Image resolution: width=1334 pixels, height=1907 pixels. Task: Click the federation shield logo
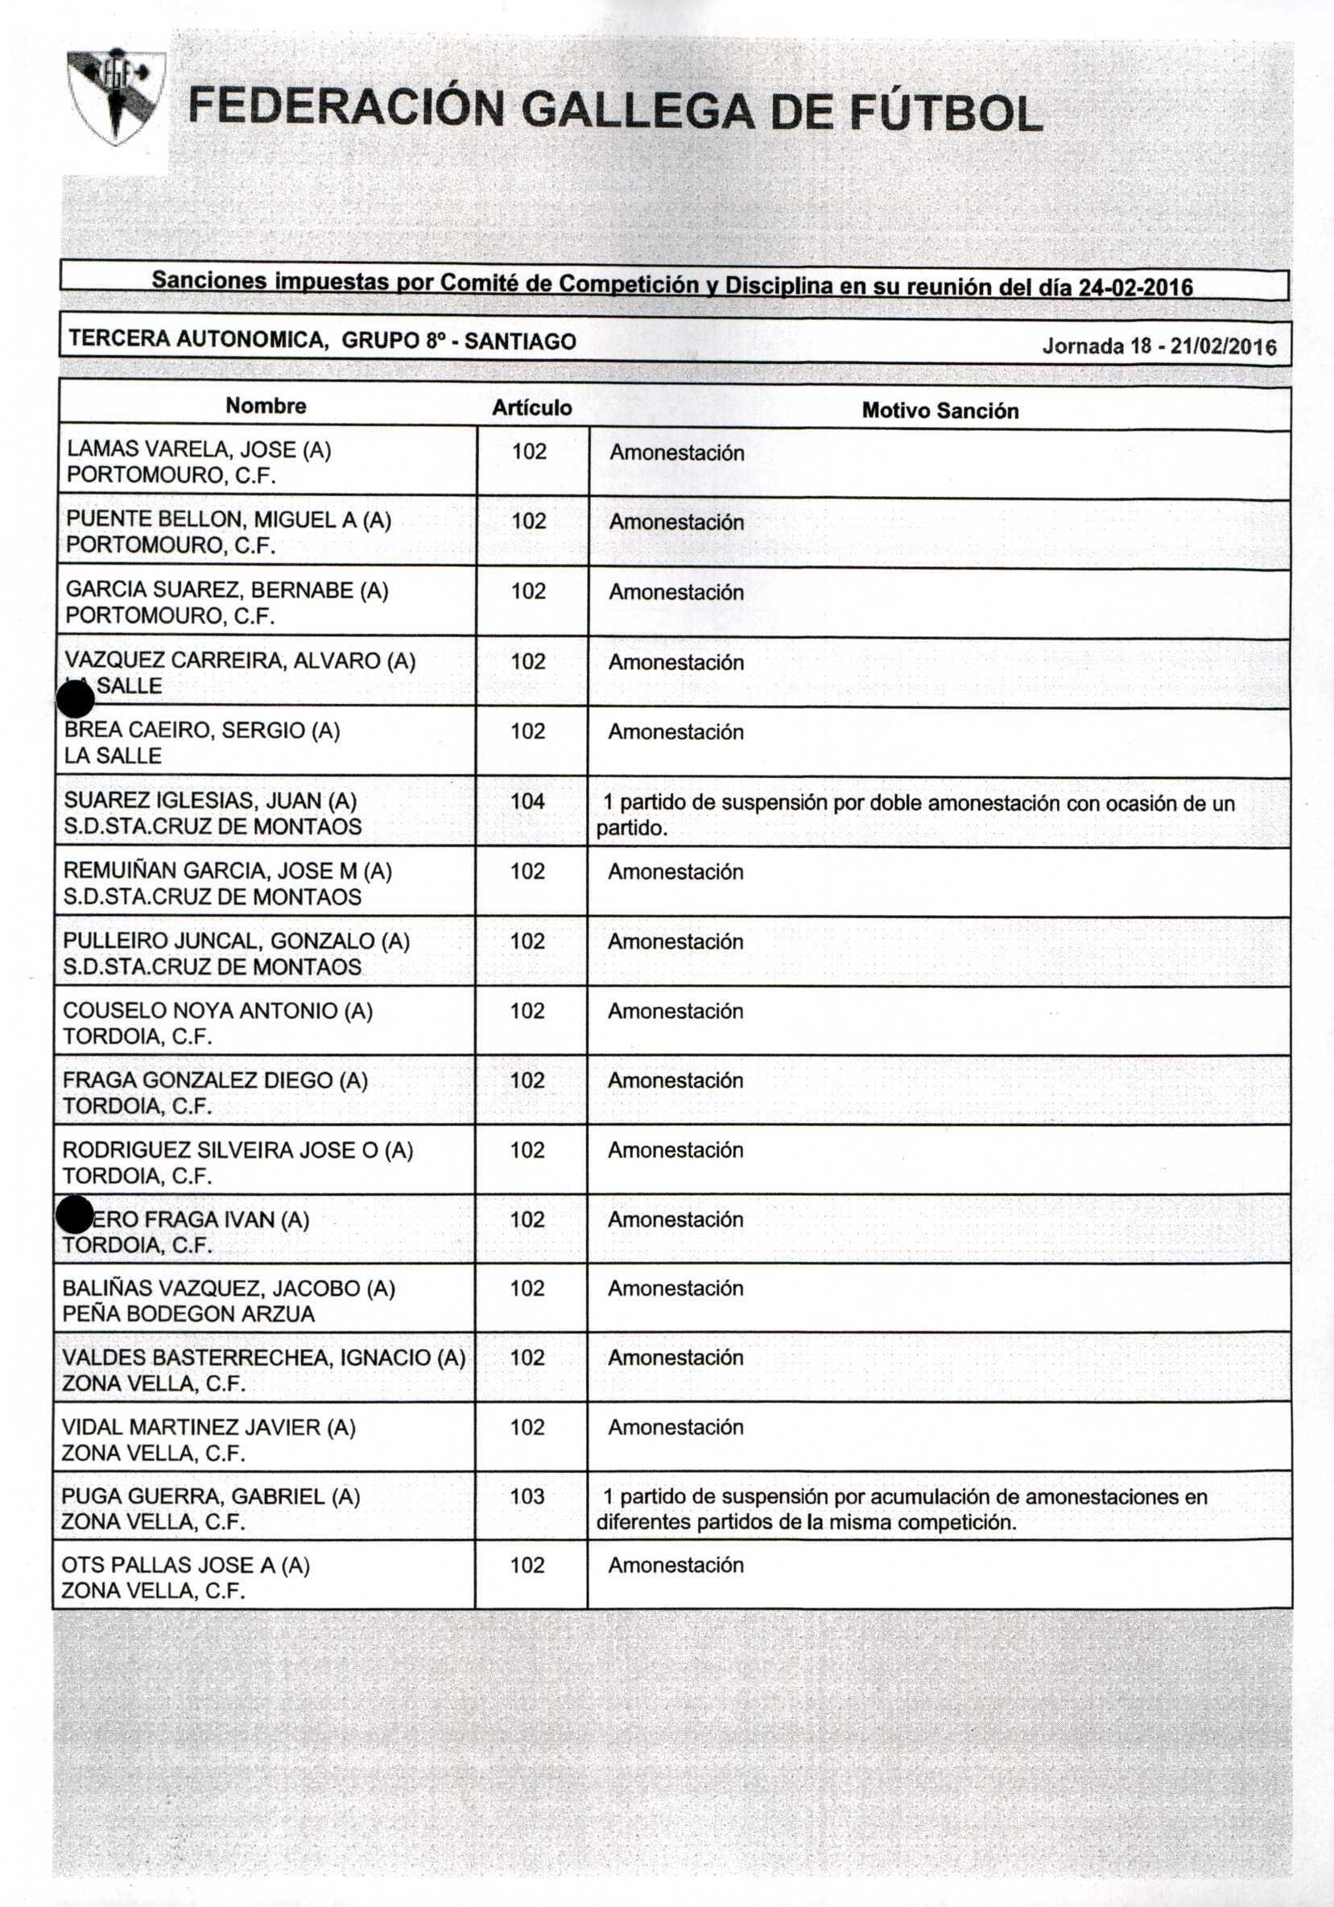tap(115, 96)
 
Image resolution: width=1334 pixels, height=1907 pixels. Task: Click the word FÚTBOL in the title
tap(945, 114)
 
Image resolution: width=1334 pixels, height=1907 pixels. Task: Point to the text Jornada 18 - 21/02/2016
tap(1158, 346)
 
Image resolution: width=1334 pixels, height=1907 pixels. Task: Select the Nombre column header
tap(266, 405)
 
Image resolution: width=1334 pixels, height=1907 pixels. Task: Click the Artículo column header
tap(531, 407)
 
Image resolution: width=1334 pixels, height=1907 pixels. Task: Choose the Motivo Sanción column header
tap(940, 410)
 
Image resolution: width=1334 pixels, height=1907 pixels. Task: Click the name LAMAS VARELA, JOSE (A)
tap(199, 449)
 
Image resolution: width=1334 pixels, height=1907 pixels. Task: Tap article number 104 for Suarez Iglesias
tap(528, 800)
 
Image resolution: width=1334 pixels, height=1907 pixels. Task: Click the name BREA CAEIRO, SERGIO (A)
tap(203, 730)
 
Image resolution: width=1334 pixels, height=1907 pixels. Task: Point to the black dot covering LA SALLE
tap(76, 697)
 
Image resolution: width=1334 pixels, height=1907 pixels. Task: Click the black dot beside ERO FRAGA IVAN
tap(75, 1215)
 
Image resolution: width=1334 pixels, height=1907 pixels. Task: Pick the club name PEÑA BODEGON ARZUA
tap(188, 1314)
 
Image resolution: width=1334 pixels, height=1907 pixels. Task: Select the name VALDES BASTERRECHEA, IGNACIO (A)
tap(263, 1357)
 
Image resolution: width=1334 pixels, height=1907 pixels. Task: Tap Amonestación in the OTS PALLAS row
tap(675, 1565)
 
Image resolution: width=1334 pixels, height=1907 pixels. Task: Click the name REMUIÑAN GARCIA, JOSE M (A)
tap(228, 871)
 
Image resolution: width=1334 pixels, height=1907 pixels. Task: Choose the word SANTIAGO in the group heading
tap(521, 341)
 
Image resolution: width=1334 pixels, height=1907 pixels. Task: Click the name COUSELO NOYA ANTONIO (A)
tap(217, 1010)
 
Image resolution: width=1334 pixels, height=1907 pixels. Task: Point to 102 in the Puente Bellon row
tap(529, 521)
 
